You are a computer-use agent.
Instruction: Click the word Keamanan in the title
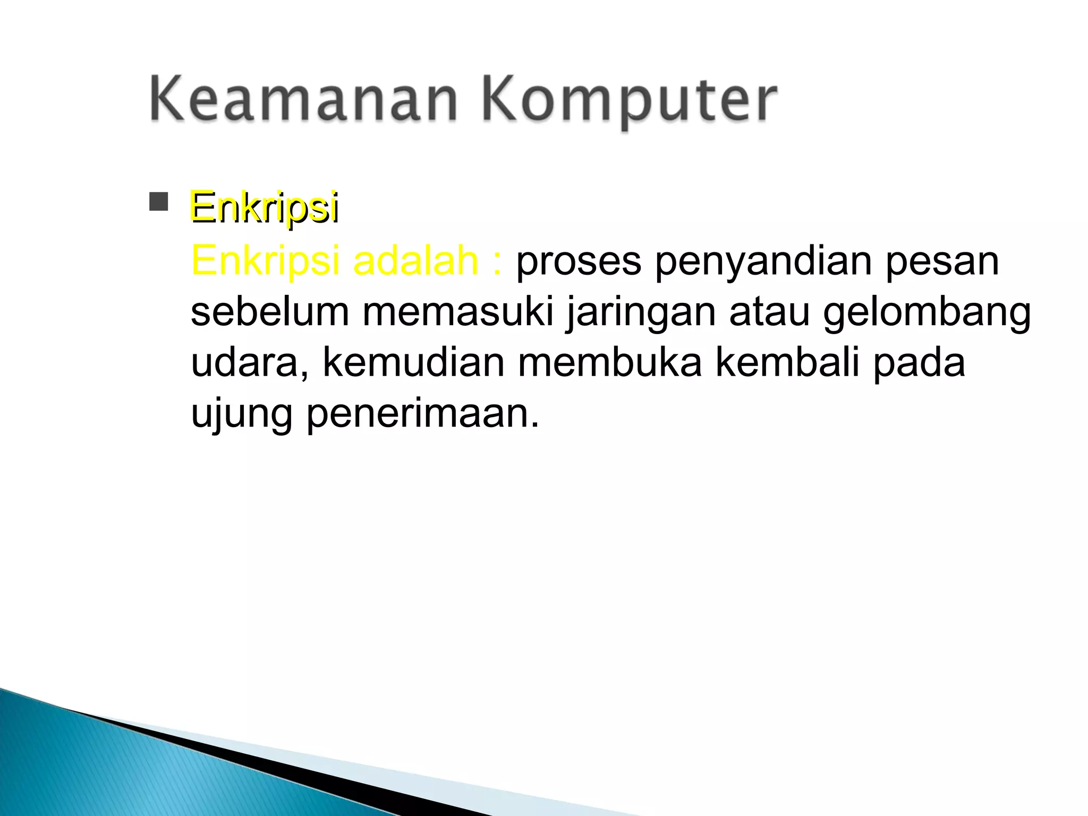point(303,100)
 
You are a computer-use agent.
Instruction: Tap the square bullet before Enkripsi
point(158,202)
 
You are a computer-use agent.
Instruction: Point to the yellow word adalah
point(415,261)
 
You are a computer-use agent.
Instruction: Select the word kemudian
point(413,363)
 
